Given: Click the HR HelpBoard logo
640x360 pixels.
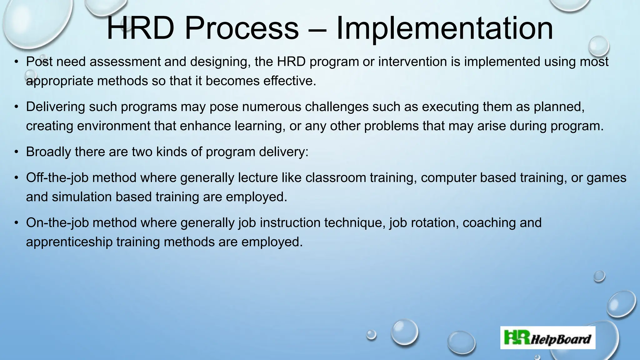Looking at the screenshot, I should tap(547, 338).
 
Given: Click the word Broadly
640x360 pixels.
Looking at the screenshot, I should tap(48, 152).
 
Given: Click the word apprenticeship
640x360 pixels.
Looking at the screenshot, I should tap(69, 242).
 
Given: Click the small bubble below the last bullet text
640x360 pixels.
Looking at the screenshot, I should tap(599, 276).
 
